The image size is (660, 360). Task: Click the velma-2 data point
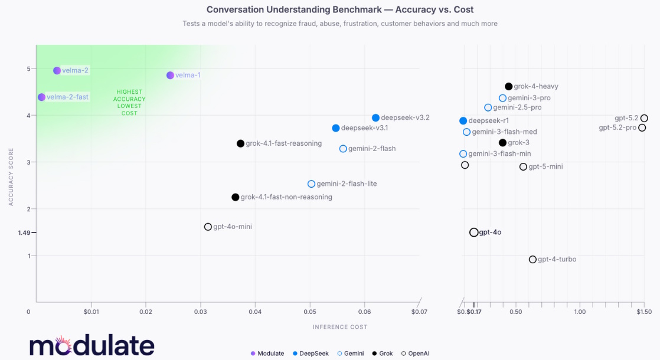pyautogui.click(x=57, y=71)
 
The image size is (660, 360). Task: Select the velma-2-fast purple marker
pyautogui.click(x=41, y=97)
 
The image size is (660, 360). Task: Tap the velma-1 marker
pyautogui.click(x=170, y=76)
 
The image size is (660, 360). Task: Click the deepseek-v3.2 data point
pyautogui.click(x=375, y=118)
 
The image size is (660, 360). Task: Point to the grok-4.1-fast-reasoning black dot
pyautogui.click(x=240, y=144)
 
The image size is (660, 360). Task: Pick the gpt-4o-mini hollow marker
pyautogui.click(x=208, y=227)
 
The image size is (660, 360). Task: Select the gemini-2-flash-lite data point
pyautogui.click(x=311, y=184)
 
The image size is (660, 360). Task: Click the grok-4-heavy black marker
pyautogui.click(x=508, y=87)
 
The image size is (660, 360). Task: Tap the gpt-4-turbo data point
pyautogui.click(x=532, y=260)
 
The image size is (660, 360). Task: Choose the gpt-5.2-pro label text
pyautogui.click(x=617, y=128)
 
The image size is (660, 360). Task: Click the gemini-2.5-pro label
pyautogui.click(x=517, y=108)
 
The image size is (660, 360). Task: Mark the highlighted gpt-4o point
pyautogui.click(x=473, y=233)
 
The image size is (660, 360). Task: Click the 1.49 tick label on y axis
pyautogui.click(x=24, y=233)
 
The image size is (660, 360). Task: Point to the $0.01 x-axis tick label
pyautogui.click(x=91, y=312)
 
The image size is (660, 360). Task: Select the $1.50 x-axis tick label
pyautogui.click(x=643, y=312)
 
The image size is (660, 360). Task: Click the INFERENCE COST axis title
pyautogui.click(x=339, y=327)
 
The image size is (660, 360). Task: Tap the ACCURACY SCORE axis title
pyautogui.click(x=11, y=176)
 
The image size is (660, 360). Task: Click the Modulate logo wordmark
pyautogui.click(x=92, y=346)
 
